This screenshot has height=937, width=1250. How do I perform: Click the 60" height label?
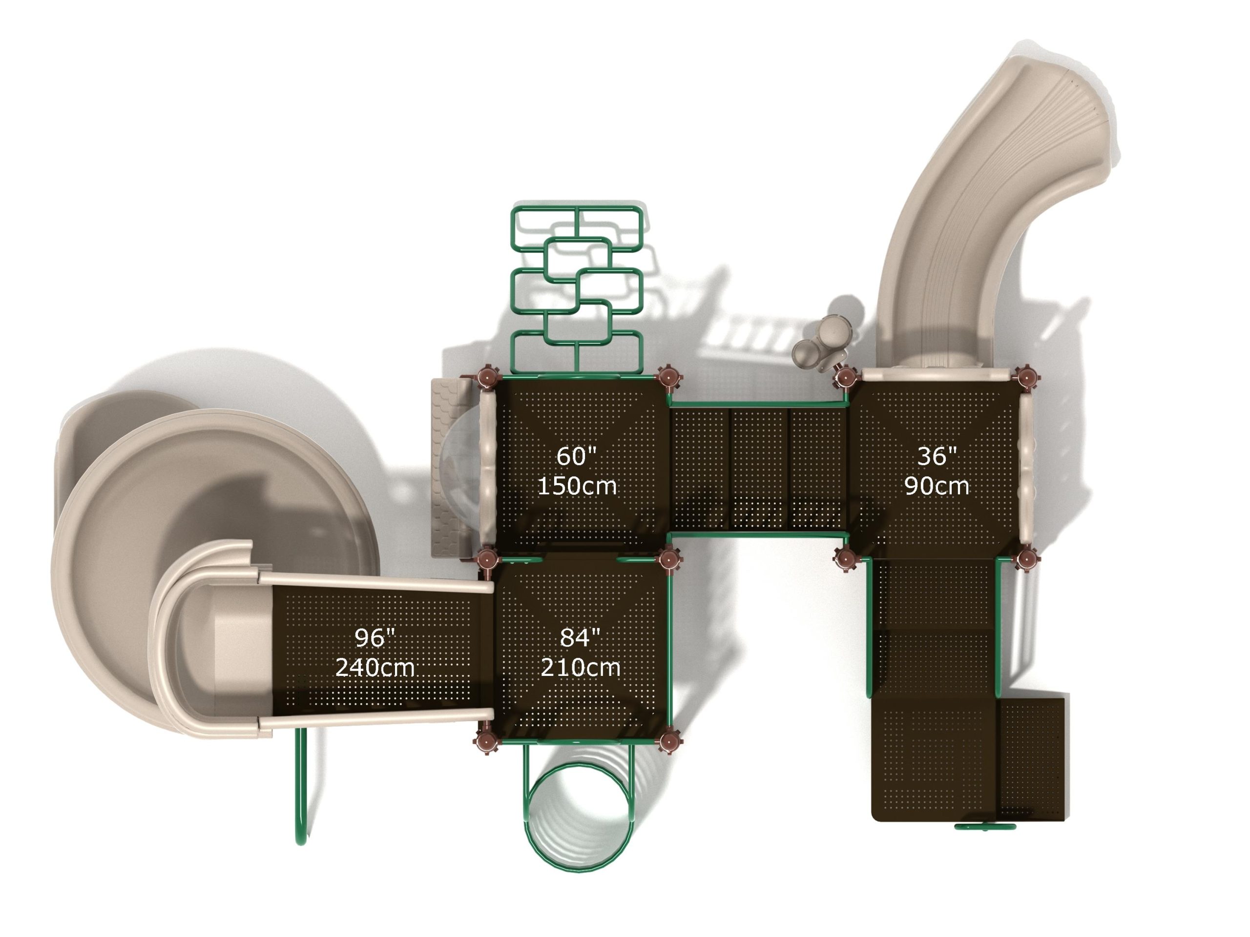(x=576, y=456)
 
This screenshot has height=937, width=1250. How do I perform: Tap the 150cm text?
(x=576, y=486)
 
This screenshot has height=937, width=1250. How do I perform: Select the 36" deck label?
(x=937, y=456)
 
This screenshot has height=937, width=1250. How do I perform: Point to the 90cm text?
(x=937, y=486)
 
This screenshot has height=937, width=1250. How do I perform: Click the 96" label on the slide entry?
(x=374, y=638)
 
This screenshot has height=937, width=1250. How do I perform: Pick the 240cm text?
(x=375, y=668)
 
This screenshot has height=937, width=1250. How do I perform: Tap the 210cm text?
(x=581, y=668)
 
